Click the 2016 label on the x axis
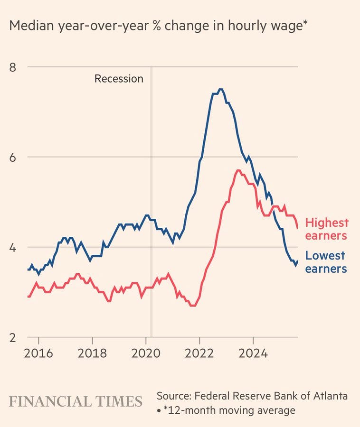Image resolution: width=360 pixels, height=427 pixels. click(38, 353)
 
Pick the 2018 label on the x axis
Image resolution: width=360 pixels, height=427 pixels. click(92, 353)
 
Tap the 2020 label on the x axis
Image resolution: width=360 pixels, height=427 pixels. click(146, 353)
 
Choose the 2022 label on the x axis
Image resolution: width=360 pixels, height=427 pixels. click(199, 353)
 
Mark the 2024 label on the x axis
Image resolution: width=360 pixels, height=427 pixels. click(253, 353)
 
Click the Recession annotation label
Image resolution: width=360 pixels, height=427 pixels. click(119, 79)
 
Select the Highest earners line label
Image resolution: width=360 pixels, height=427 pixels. click(327, 229)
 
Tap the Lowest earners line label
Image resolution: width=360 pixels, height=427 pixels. click(326, 262)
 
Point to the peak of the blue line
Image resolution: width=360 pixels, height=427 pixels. click(220, 89)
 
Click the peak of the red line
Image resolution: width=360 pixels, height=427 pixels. click(238, 170)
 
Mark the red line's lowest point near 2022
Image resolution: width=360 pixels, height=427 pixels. click(192, 306)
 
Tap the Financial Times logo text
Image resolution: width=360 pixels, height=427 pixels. click(76, 401)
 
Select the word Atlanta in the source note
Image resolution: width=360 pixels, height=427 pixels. click(331, 395)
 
